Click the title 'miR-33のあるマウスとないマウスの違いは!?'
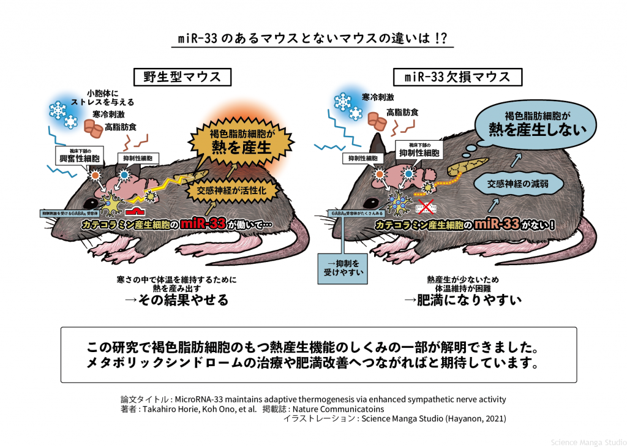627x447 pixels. click(312, 38)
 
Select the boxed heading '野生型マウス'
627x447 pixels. click(174, 77)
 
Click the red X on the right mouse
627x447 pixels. click(427, 206)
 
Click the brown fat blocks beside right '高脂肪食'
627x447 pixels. click(378, 123)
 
